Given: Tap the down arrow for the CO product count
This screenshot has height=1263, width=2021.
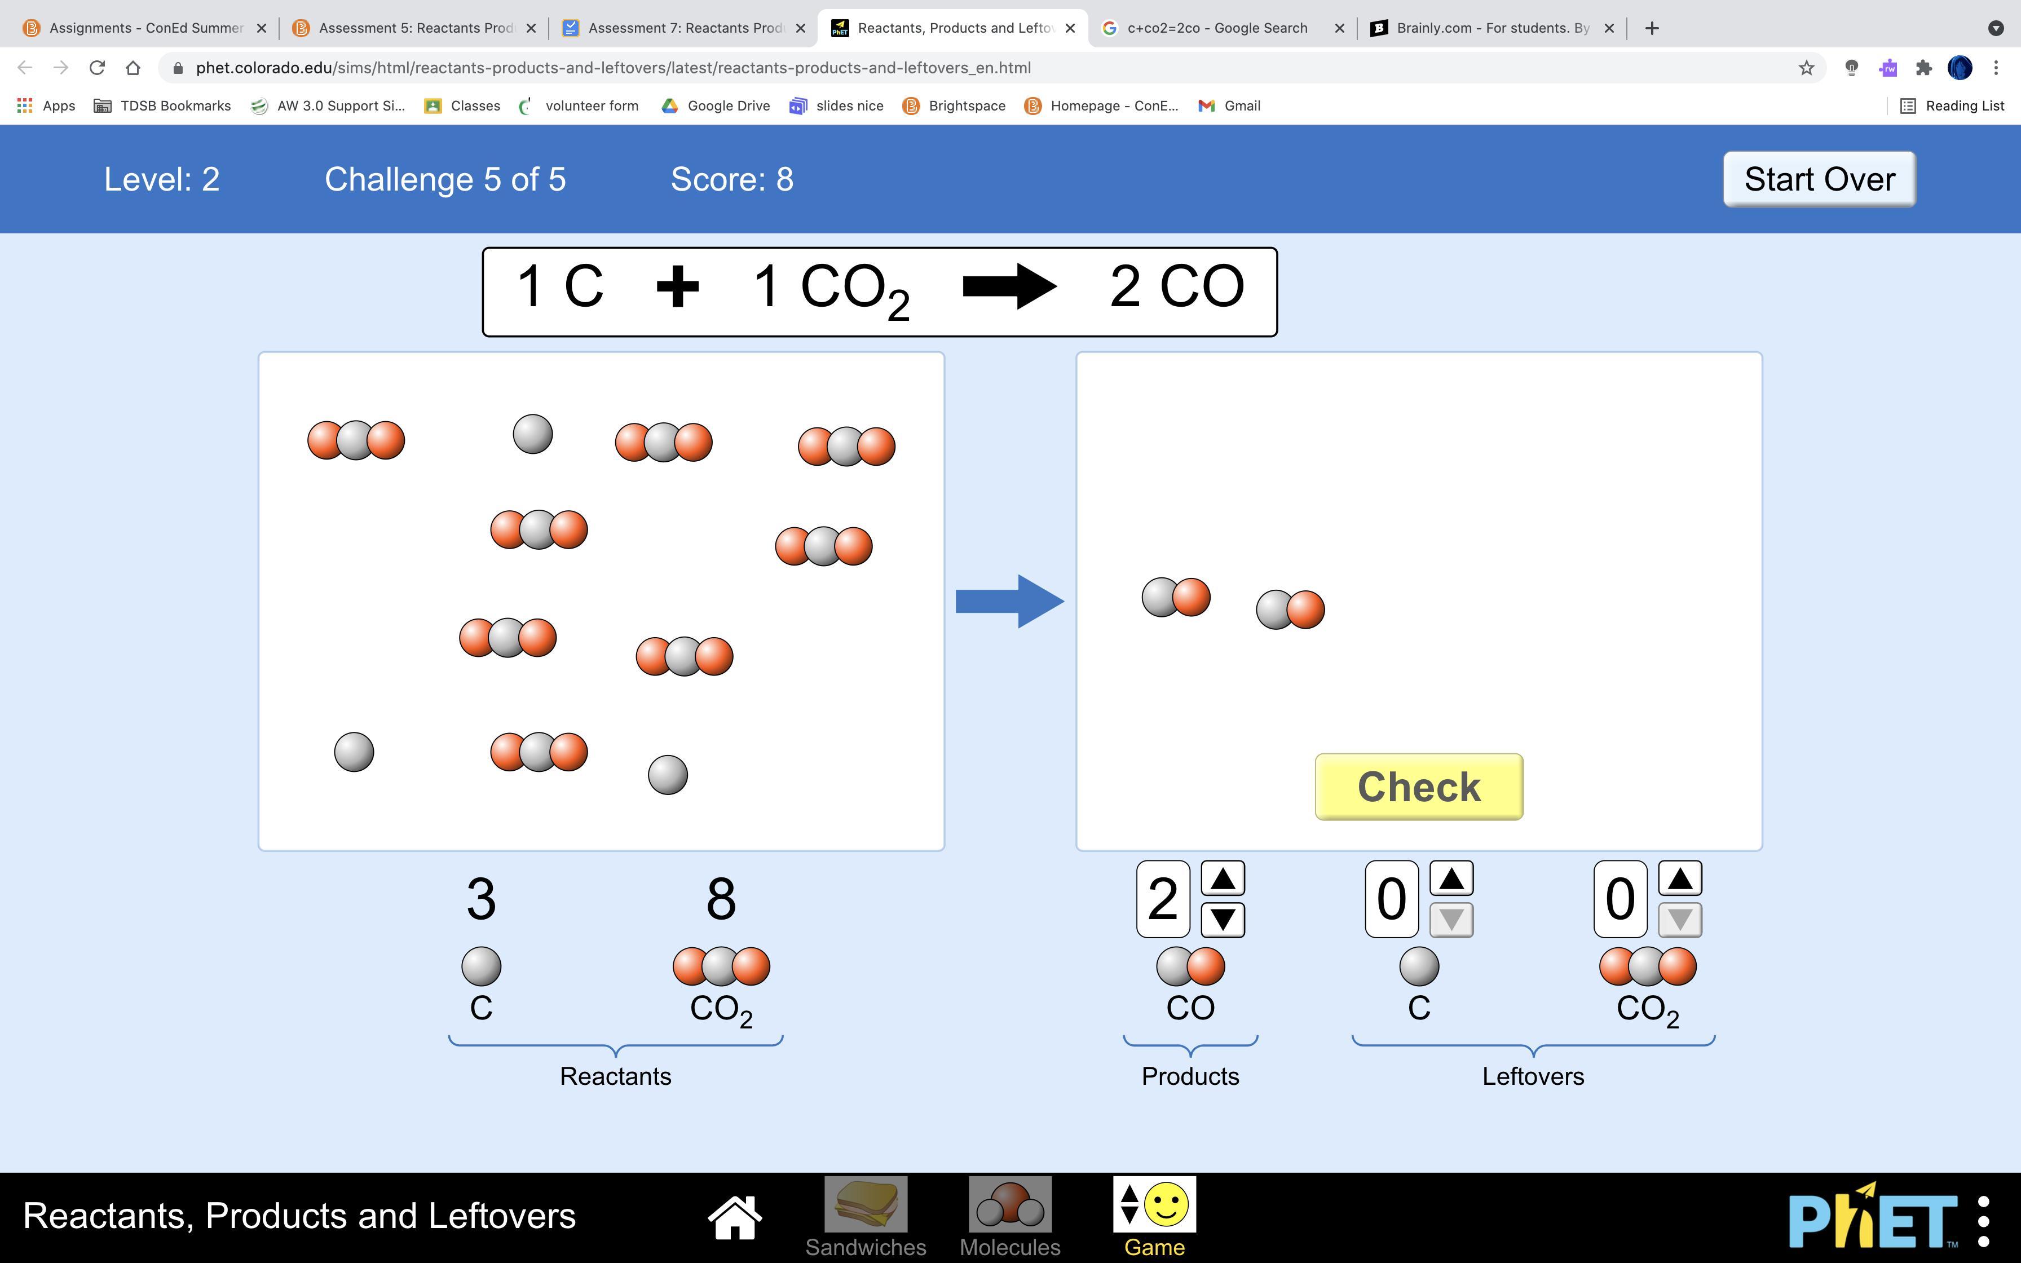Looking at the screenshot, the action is (1223, 920).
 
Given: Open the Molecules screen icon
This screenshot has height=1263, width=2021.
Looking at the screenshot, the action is (1010, 1204).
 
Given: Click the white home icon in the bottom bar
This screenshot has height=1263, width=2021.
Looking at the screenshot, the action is (735, 1218).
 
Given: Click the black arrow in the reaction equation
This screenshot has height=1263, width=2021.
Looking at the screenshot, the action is (1010, 286).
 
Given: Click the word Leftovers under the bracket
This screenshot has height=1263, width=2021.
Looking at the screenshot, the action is (1533, 1076).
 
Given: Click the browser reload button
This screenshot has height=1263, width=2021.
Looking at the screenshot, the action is (97, 68).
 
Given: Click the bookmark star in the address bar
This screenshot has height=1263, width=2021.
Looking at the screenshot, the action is (1806, 68).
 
